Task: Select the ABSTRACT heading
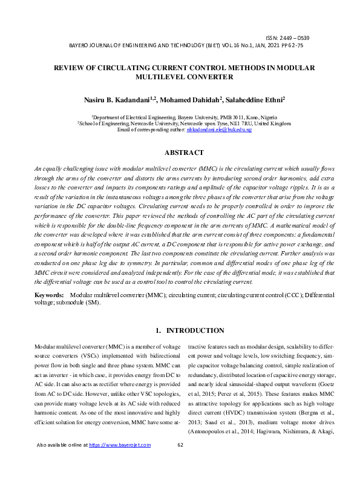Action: (x=180, y=153)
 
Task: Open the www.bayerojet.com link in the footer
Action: (x=120, y=479)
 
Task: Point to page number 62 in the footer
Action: (x=180, y=479)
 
